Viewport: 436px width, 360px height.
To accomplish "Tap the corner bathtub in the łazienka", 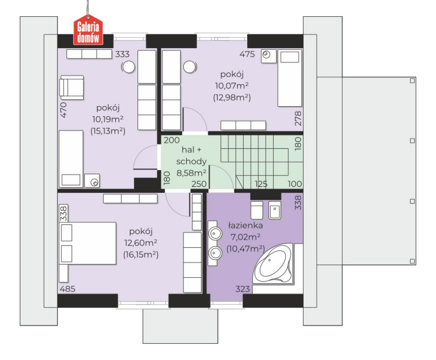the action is (x=273, y=264).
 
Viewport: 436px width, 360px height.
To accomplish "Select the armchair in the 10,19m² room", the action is (x=72, y=87).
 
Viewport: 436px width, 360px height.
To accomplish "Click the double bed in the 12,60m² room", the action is (x=88, y=243).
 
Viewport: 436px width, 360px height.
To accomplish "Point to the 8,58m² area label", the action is (x=191, y=173).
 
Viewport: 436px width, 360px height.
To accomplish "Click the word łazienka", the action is (x=245, y=225).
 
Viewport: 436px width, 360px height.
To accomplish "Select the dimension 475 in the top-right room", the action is (x=247, y=54).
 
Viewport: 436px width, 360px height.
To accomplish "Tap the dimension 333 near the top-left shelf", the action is (x=122, y=54).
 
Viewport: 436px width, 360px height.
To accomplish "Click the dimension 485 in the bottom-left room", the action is (x=67, y=289).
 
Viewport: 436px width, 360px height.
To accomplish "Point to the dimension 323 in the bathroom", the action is (x=243, y=289).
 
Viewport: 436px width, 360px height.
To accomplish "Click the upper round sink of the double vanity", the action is (x=215, y=233).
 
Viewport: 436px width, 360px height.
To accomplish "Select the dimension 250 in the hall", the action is (x=199, y=184).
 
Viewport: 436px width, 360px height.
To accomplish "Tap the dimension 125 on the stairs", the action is (x=261, y=184).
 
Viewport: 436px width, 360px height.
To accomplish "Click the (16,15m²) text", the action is (x=141, y=255).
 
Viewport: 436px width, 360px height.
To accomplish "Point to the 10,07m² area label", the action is (x=232, y=86).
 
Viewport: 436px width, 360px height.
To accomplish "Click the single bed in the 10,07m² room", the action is (x=290, y=78).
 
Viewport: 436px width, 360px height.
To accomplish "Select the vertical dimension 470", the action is (x=64, y=110).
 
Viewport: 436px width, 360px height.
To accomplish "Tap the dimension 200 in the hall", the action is (x=172, y=140).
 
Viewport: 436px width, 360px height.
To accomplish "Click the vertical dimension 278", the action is (x=298, y=118).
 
